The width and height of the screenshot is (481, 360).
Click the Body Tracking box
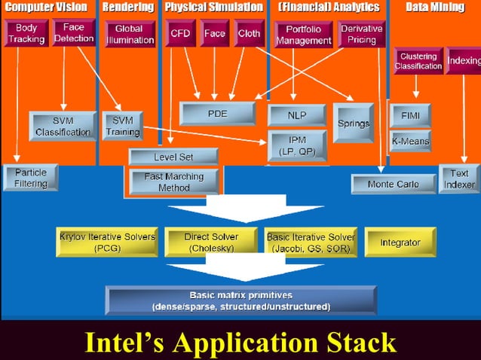[x=26, y=34]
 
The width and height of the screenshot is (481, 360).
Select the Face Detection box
[x=74, y=32]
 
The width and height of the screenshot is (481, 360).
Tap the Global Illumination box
[x=129, y=35]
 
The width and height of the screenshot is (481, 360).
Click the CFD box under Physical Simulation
[x=180, y=34]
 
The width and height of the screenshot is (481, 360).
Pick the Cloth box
[x=249, y=34]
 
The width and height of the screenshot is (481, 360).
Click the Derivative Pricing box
[x=362, y=34]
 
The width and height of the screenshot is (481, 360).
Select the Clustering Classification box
[x=418, y=61]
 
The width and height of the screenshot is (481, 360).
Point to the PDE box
[x=217, y=113]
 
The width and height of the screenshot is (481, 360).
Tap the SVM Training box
[x=122, y=126]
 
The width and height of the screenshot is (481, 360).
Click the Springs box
[x=354, y=123]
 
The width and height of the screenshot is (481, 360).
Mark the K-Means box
[x=410, y=141]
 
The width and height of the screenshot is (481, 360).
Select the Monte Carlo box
[x=394, y=184]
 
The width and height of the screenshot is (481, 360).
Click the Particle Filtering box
[x=30, y=178]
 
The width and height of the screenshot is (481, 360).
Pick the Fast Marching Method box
[x=174, y=182]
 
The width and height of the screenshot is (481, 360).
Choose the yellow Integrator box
[x=400, y=243]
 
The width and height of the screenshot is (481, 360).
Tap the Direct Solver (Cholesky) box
[x=212, y=243]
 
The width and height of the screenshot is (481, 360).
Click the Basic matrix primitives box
[x=240, y=300]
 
